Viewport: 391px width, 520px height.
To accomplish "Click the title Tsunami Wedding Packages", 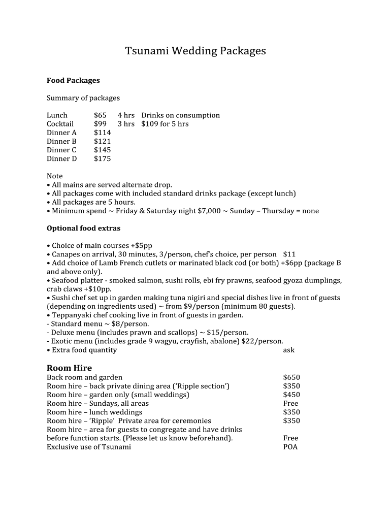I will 195,51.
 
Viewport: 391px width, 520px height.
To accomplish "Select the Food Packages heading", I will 73,80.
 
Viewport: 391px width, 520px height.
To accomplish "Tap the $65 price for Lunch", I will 100,115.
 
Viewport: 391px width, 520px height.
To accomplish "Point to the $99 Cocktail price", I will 100,124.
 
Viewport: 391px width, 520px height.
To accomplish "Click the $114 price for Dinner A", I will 102,133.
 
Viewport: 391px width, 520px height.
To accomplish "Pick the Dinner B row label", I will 61,141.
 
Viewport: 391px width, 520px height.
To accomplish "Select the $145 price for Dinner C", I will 102,150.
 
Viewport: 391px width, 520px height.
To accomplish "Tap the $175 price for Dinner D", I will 102,158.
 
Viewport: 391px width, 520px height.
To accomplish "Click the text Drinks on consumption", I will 180,115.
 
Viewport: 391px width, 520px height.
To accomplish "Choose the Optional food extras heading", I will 83,228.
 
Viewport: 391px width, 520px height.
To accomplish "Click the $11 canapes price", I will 289,254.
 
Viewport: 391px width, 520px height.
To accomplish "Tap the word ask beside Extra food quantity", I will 288,350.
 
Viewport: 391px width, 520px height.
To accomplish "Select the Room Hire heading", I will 69,368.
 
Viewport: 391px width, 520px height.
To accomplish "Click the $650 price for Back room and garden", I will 291,377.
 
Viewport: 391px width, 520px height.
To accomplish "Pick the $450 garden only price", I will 291,395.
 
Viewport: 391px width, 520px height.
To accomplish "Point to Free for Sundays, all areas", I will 290,403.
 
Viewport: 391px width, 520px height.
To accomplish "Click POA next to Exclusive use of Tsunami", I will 290,447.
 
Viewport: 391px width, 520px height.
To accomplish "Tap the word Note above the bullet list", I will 54,176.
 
